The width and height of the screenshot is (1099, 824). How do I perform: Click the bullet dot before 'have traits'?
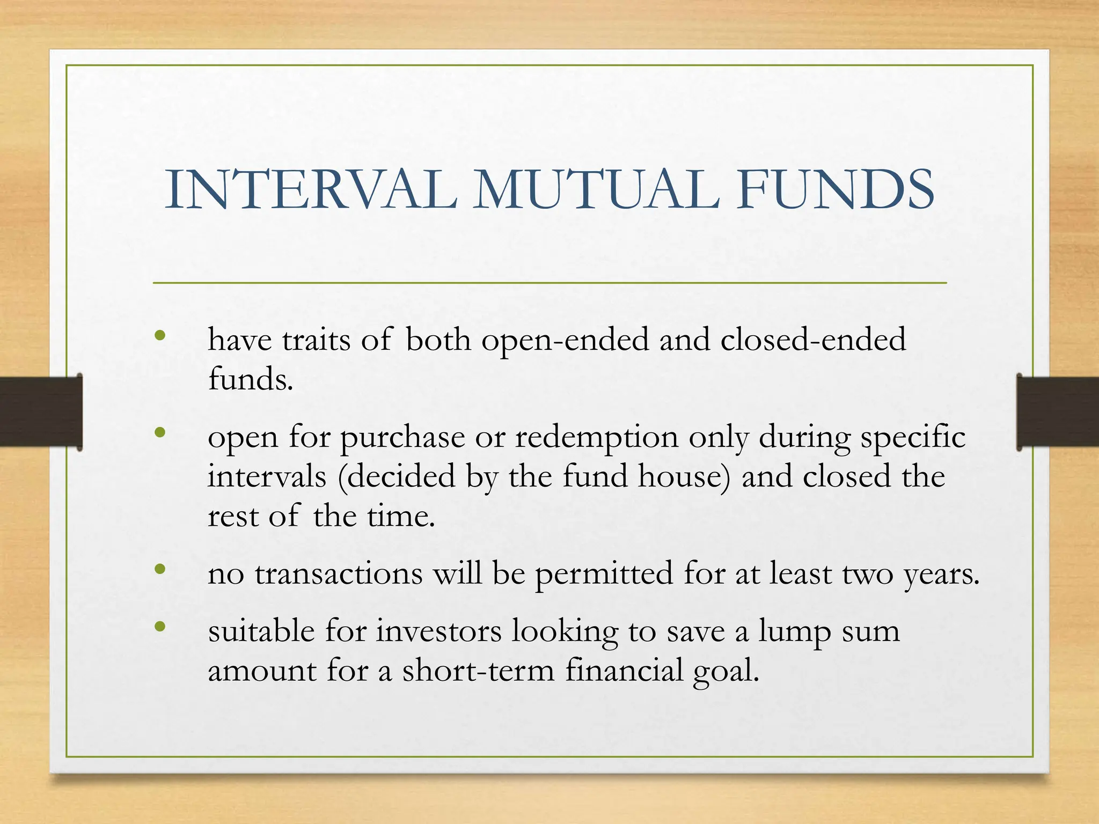point(159,336)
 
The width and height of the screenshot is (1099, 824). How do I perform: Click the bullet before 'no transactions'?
point(159,569)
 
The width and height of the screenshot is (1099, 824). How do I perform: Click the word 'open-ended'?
point(565,340)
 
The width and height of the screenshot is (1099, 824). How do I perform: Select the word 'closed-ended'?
point(813,340)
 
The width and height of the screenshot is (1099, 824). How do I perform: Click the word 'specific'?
point(913,437)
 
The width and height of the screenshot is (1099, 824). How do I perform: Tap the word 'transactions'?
point(339,573)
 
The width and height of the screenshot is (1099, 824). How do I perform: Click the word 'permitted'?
point(604,573)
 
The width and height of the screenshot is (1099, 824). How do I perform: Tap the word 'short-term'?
point(478,671)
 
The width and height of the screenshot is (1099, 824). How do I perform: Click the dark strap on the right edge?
point(1057,412)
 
